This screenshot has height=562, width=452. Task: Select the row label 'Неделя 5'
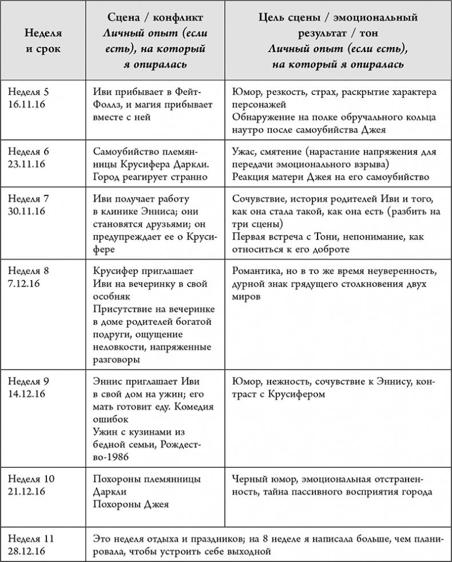coord(29,92)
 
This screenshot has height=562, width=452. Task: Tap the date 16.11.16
coord(29,105)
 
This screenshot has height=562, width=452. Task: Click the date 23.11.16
coord(29,165)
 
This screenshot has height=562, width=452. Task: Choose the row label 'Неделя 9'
coord(29,381)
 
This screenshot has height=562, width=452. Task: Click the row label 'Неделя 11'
coord(30,539)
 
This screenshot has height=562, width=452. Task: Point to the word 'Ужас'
coord(244,152)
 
